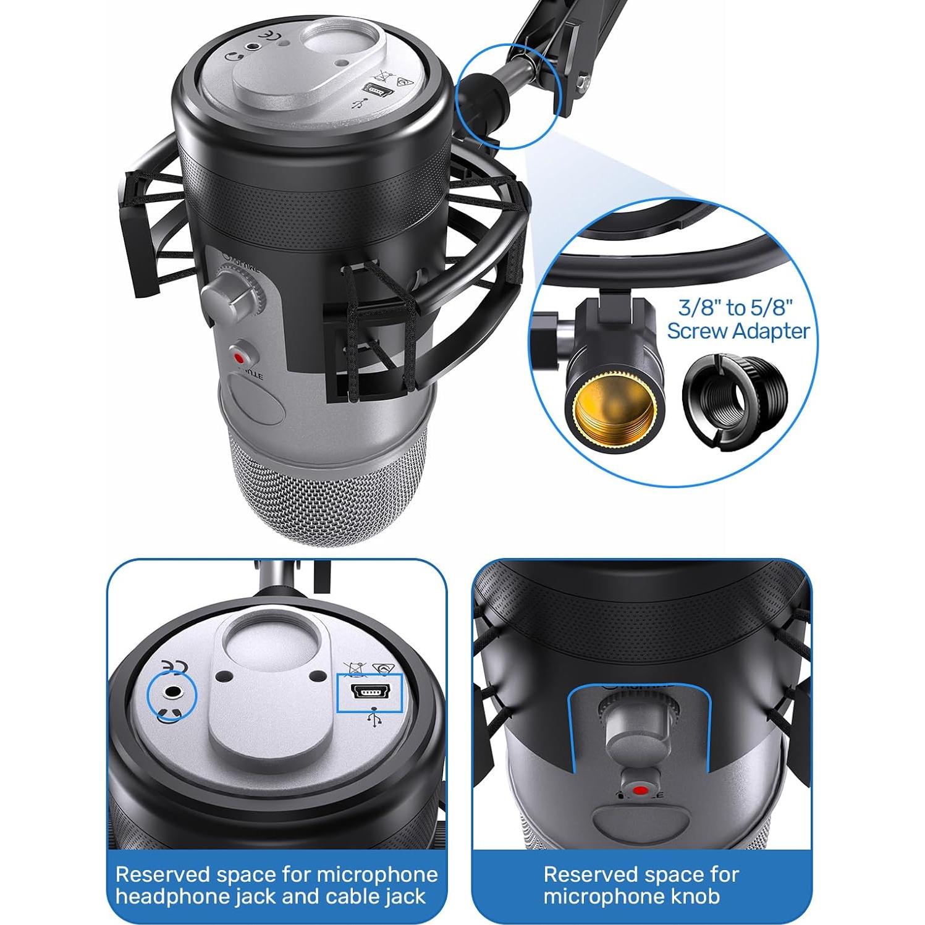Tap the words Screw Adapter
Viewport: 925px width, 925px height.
tap(738, 331)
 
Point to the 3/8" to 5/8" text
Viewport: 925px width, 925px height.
tap(735, 307)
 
